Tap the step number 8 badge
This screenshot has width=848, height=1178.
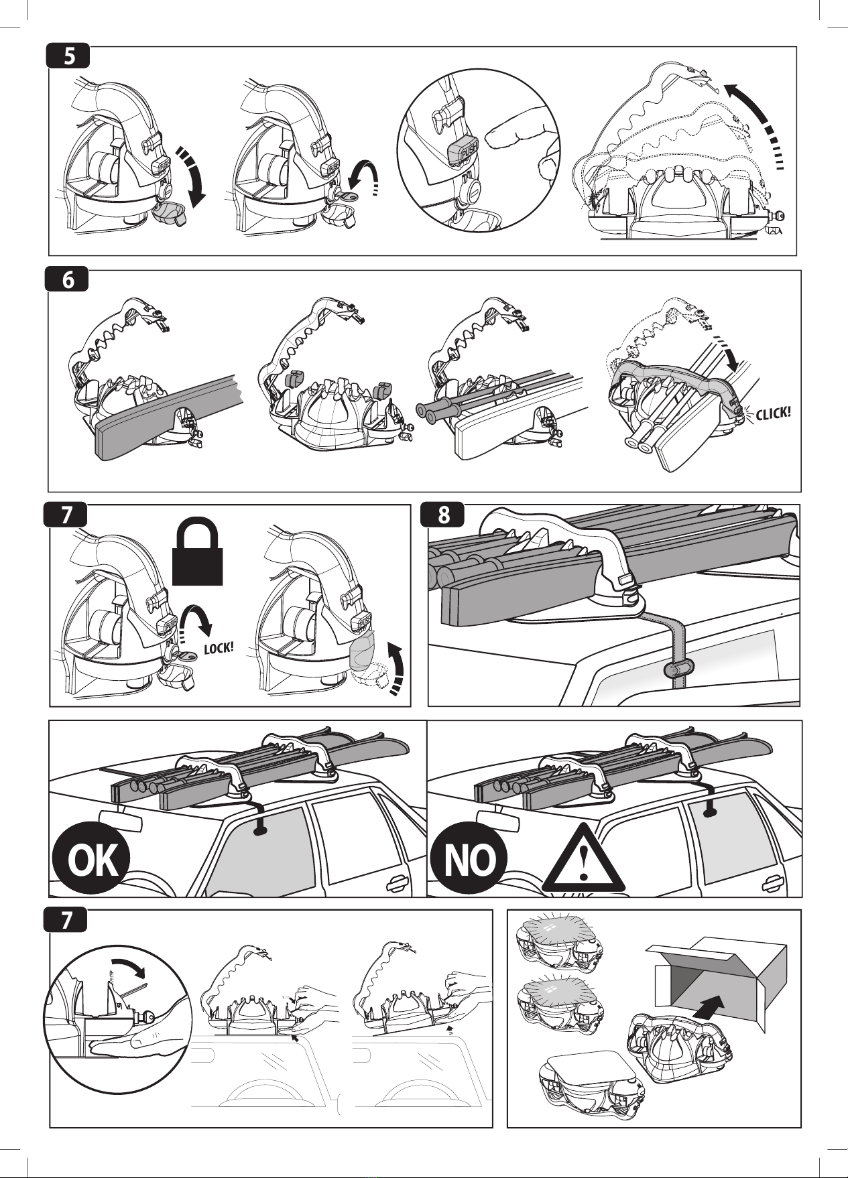pos(443,515)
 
